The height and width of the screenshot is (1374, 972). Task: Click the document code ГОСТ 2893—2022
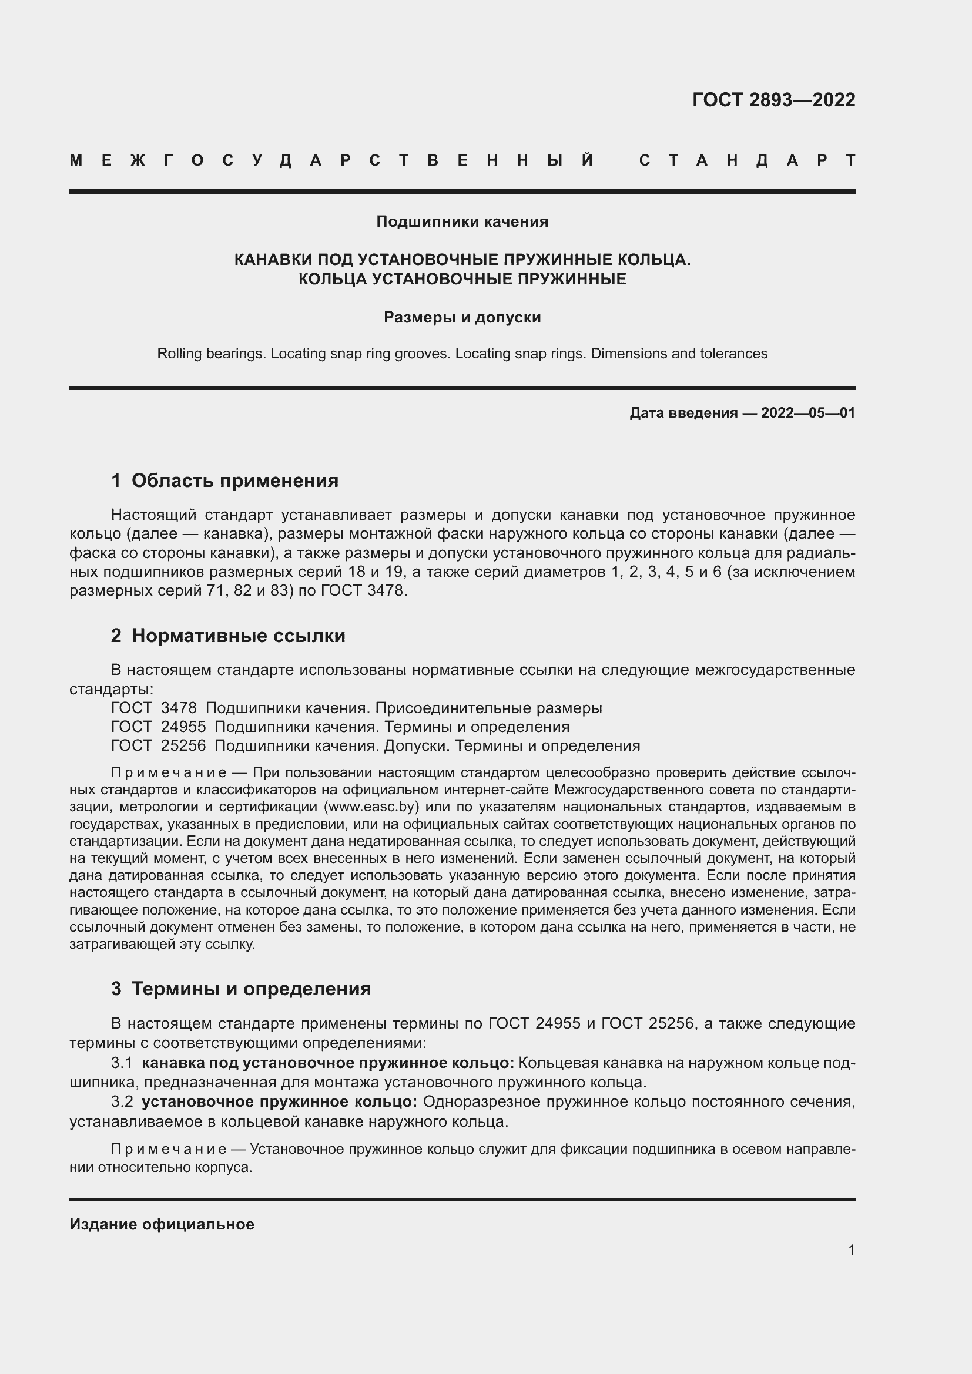(x=773, y=100)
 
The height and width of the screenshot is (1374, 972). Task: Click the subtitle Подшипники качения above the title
(x=462, y=221)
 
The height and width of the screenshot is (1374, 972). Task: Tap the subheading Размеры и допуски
(x=462, y=317)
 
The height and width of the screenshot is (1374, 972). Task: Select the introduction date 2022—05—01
(x=807, y=413)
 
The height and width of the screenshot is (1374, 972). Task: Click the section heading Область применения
(x=234, y=481)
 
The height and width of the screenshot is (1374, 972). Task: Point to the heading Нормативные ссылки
(x=238, y=636)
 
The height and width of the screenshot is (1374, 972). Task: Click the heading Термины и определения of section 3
(x=251, y=989)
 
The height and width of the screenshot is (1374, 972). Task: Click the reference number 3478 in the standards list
(x=179, y=708)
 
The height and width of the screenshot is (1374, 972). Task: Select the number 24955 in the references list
(x=183, y=727)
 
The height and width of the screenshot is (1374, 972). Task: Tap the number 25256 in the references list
(x=183, y=745)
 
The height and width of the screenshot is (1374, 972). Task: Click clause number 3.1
(x=122, y=1063)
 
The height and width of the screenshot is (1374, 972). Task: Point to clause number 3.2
(x=122, y=1101)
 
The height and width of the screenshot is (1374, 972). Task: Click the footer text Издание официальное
(x=162, y=1224)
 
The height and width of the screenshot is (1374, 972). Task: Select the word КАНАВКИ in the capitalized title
(x=272, y=260)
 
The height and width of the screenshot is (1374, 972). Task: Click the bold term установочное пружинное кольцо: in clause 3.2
(x=280, y=1101)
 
